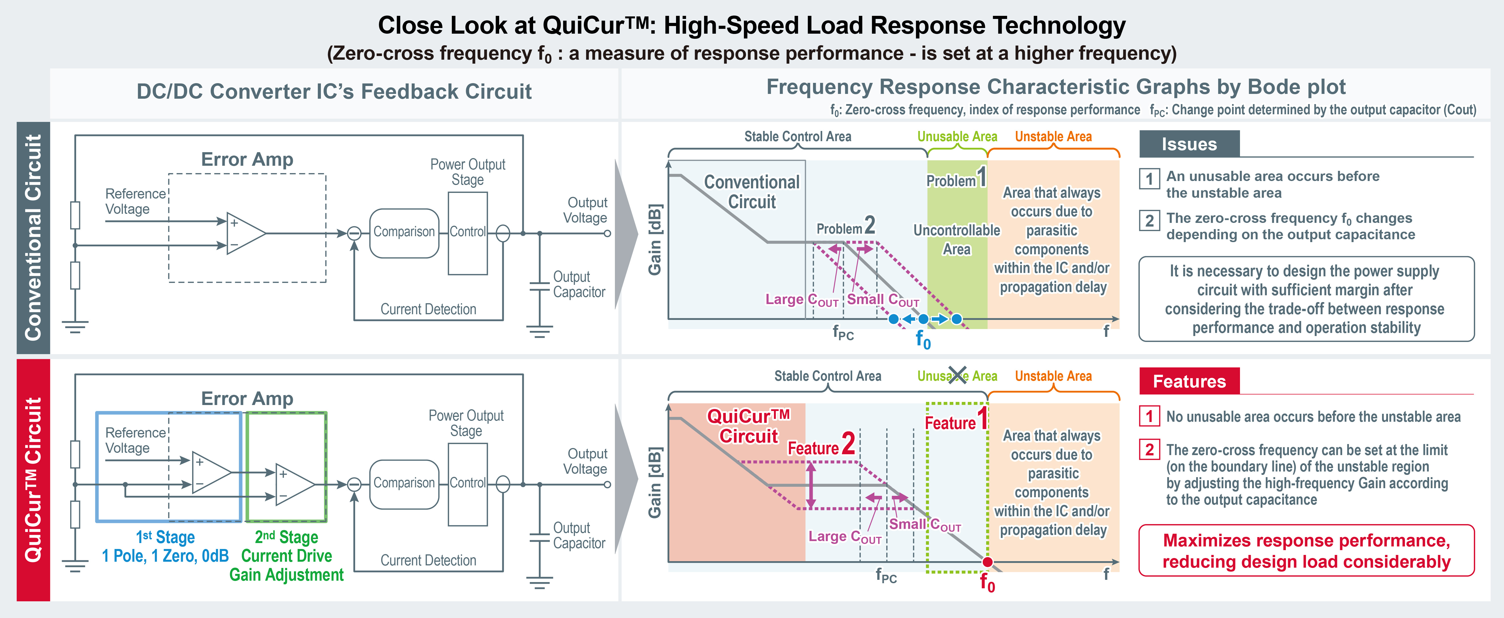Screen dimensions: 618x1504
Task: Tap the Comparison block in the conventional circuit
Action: pyautogui.click(x=404, y=232)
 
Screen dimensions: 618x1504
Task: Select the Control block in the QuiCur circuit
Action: pyautogui.click(x=467, y=483)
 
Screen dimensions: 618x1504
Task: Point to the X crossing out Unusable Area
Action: pyautogui.click(x=958, y=375)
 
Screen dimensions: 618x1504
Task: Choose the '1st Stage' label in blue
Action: pyautogui.click(x=165, y=537)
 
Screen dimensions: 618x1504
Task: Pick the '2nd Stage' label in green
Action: pyautogui.click(x=286, y=537)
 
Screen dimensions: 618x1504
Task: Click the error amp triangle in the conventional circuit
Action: pyautogui.click(x=245, y=233)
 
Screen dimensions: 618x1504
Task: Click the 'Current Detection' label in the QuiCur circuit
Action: pyautogui.click(x=428, y=560)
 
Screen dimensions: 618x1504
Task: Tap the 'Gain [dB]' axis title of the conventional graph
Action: pyautogui.click(x=655, y=239)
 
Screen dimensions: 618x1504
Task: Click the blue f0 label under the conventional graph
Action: pyautogui.click(x=922, y=339)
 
